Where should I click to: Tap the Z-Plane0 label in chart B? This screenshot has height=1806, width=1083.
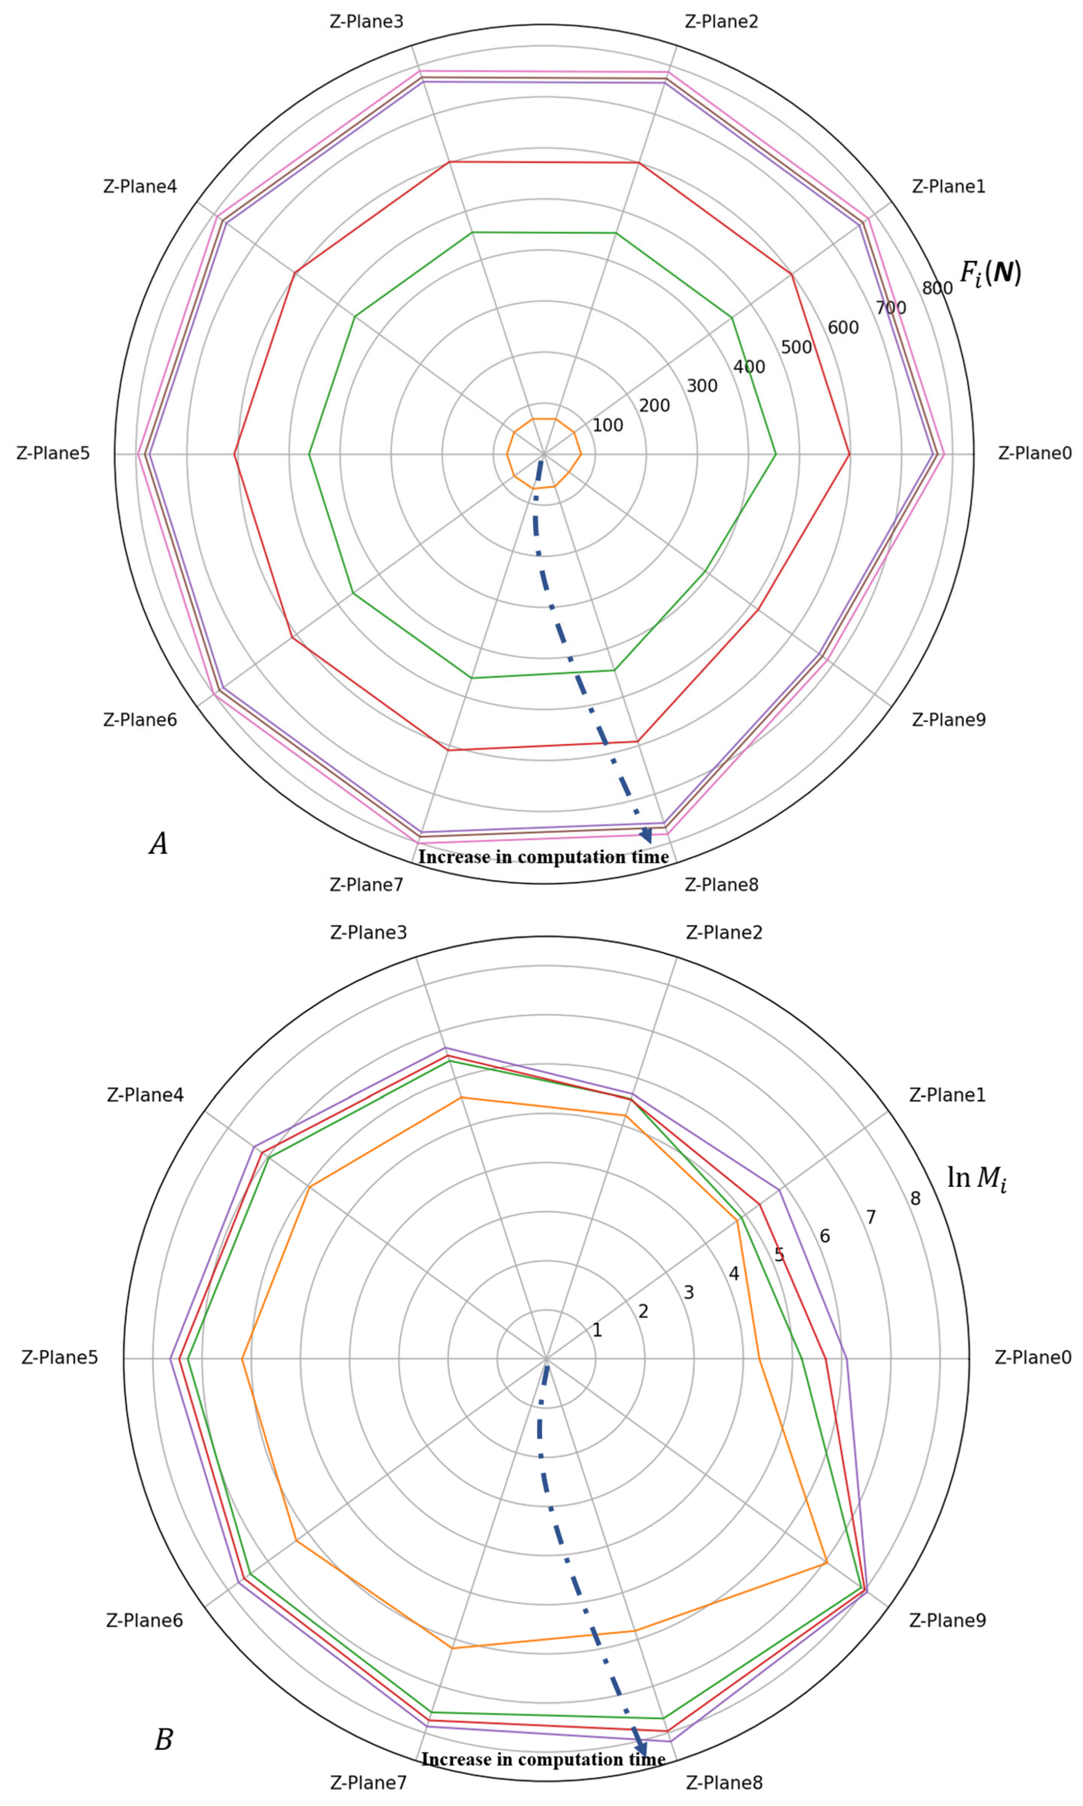(1033, 1358)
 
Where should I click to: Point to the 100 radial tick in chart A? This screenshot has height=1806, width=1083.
(607, 425)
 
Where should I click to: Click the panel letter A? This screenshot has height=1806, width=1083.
(158, 844)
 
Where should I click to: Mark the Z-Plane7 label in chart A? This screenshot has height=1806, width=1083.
(367, 885)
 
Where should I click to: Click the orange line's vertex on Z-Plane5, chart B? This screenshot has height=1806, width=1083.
(242, 1358)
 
